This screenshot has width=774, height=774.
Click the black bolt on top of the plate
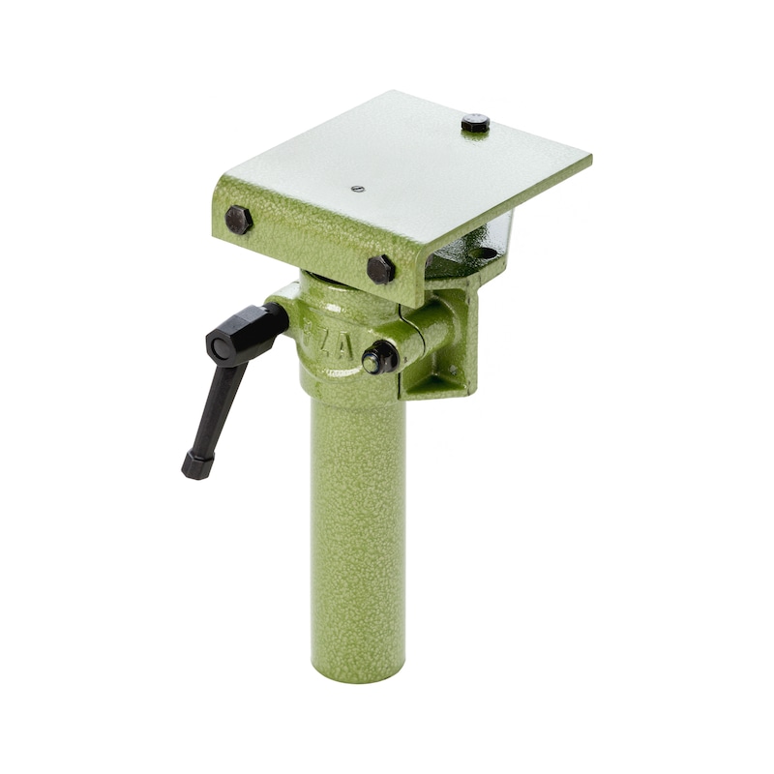click(x=474, y=123)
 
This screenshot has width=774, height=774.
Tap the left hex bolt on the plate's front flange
click(x=238, y=219)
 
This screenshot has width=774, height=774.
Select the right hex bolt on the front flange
click(x=380, y=269)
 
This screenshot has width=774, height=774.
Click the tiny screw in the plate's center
click(x=357, y=189)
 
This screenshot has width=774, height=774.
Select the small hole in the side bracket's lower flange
click(x=451, y=371)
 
